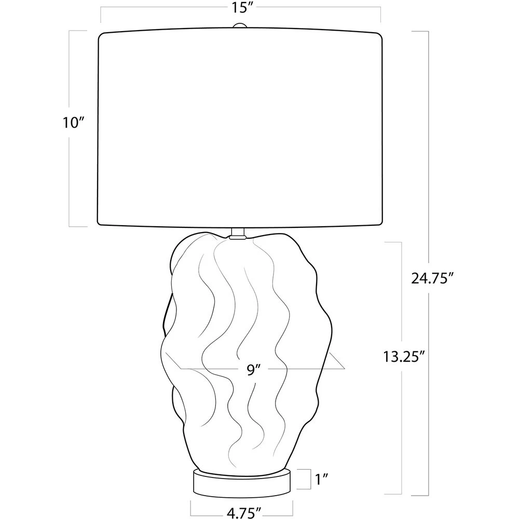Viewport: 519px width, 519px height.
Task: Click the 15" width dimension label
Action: click(241, 8)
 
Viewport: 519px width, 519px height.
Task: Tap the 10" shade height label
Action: click(72, 122)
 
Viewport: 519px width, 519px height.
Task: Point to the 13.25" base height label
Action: click(404, 357)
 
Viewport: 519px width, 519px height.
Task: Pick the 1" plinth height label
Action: click(321, 479)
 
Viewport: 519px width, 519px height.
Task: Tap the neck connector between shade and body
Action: click(238, 234)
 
